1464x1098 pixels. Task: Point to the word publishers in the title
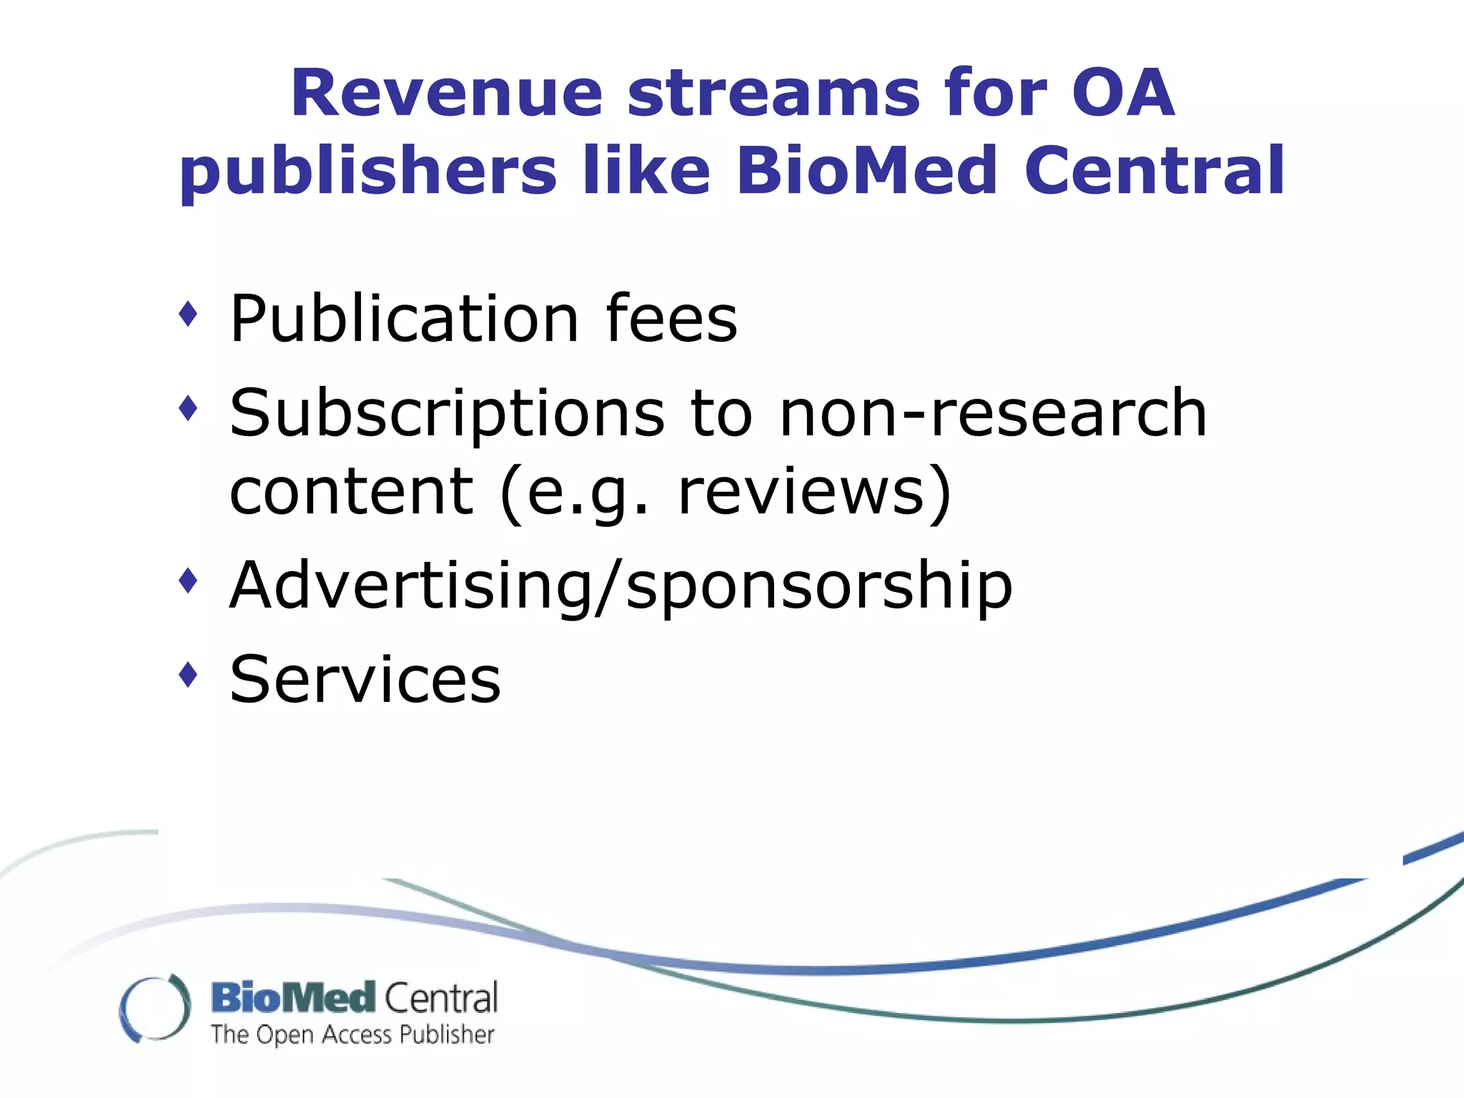coord(367,172)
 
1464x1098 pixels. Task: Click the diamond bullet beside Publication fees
coord(188,314)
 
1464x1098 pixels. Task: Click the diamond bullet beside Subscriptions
coord(188,409)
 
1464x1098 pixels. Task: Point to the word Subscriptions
coord(447,415)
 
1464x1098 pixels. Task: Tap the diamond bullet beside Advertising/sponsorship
coord(188,580)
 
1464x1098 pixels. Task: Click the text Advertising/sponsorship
coord(620,586)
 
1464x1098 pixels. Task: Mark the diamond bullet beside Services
coord(188,673)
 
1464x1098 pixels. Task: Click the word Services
coord(365,679)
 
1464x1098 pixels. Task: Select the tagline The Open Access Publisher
coord(352,1034)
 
